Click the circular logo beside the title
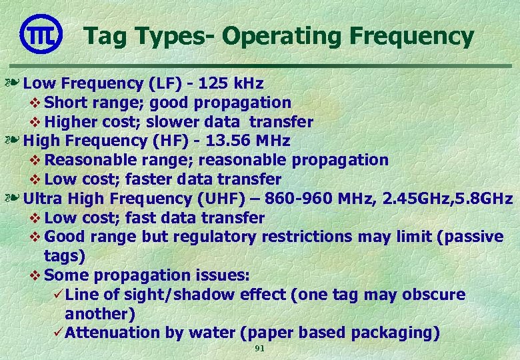[x=41, y=35]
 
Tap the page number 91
[x=260, y=349]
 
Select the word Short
[x=65, y=103]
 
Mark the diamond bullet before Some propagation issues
[x=37, y=276]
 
